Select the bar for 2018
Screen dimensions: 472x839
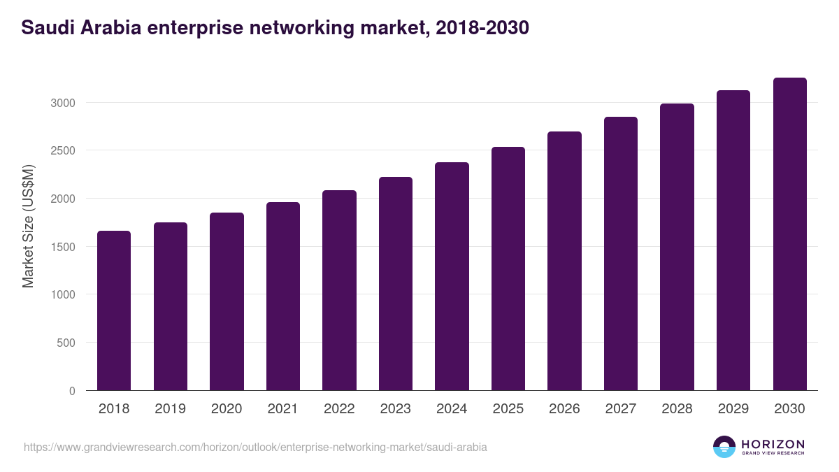[x=114, y=310]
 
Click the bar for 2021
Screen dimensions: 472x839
[x=283, y=296]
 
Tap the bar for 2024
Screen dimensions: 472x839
[x=452, y=276]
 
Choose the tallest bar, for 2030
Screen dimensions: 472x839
[x=789, y=234]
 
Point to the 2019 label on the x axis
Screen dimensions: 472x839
[x=170, y=408]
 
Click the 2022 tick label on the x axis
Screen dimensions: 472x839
[x=339, y=408]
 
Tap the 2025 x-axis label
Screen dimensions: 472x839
[x=508, y=408]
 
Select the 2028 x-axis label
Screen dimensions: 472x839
[x=677, y=408]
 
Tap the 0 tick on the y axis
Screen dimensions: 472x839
[x=72, y=391]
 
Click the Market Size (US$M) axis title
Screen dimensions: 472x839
[x=28, y=225]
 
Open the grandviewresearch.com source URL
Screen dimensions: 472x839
[x=255, y=447]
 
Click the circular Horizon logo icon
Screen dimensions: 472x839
[x=724, y=447]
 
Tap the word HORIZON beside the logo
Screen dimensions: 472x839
[x=773, y=443]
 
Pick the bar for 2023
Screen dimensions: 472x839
[x=396, y=283]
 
